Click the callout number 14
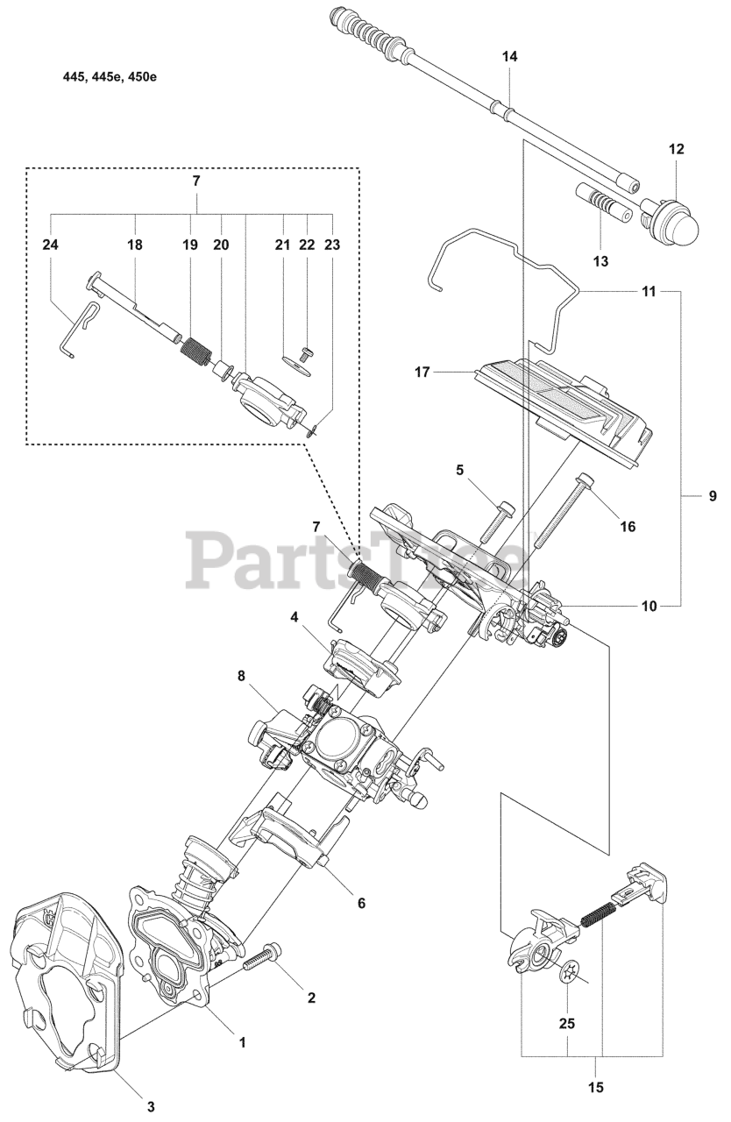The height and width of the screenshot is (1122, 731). point(510,56)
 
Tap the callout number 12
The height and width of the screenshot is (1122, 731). point(676,149)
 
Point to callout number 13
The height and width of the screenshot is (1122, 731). point(600,261)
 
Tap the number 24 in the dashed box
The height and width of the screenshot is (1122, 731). point(50,245)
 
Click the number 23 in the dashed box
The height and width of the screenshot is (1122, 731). point(331,245)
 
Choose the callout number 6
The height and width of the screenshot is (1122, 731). point(360,902)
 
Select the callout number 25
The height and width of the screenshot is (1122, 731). point(567,1022)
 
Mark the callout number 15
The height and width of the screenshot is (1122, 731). point(597,1088)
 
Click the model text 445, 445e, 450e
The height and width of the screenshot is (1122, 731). point(110,76)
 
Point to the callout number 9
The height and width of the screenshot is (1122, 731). point(712,496)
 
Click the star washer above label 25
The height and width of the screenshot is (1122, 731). point(571,970)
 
